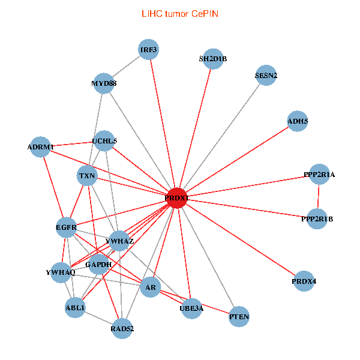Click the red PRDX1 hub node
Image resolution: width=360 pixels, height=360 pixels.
[176, 197]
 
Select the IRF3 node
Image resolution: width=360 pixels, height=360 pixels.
[148, 50]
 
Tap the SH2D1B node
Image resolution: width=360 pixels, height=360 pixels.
[213, 59]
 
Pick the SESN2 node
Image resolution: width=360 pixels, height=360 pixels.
[266, 76]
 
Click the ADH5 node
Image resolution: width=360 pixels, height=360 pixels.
[298, 121]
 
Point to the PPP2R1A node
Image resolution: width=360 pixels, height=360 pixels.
[319, 175]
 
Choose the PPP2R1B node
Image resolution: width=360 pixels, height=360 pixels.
[317, 219]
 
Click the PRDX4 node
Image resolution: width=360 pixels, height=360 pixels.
[304, 281]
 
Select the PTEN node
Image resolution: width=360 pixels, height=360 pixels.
[239, 316]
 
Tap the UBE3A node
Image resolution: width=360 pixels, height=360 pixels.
[191, 308]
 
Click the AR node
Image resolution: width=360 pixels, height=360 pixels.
[151, 288]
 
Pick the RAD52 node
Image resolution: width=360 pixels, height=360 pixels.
[122, 328]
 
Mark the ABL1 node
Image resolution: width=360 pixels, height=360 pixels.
[76, 308]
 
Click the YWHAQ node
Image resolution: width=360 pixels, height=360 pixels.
[61, 272]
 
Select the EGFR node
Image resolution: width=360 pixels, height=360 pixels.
[66, 228]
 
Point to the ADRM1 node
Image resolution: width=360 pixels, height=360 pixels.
[41, 147]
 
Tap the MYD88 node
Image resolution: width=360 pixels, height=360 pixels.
[104, 83]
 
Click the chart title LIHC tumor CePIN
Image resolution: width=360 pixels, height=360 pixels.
[180, 13]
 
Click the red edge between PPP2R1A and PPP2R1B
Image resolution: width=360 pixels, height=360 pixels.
[319, 197]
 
